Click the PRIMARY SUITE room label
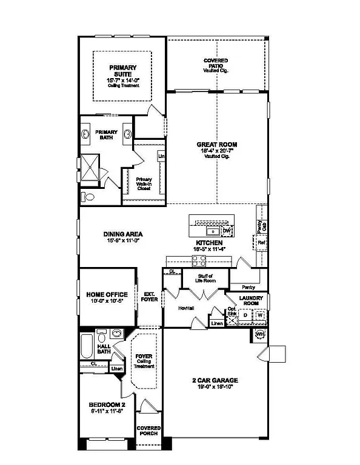tap(122, 71)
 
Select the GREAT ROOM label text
tap(216, 145)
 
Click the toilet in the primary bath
tap(88, 196)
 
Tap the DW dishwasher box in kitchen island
tap(226, 231)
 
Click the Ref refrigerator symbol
tap(261, 243)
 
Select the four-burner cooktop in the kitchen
tap(199, 261)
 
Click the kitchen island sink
tap(213, 231)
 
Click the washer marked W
tap(259, 315)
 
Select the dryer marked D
tap(245, 315)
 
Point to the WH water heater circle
tap(261, 334)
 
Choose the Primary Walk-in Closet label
tap(144, 182)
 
